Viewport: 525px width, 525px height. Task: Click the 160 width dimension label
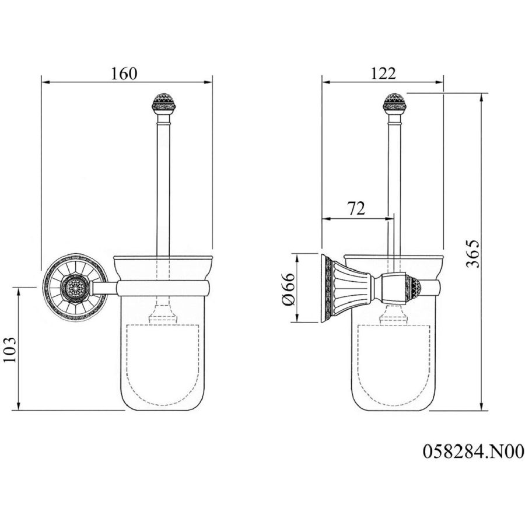(124, 73)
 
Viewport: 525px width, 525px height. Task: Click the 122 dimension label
(383, 73)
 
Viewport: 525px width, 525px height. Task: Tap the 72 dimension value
(356, 209)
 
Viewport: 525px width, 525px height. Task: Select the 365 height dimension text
(473, 254)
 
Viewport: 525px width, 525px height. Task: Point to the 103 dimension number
(10, 349)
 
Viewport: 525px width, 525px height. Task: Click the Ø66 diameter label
(288, 289)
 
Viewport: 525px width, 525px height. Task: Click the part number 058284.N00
(473, 451)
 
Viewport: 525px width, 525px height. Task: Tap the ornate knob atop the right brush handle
(394, 103)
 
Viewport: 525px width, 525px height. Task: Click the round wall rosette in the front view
(75, 287)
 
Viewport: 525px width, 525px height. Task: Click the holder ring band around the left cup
(163, 289)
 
